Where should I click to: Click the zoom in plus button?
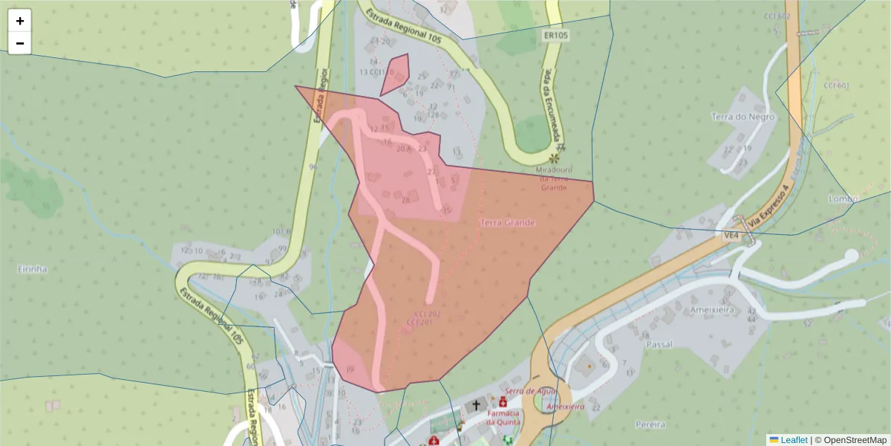pos(20,21)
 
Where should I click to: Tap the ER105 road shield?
pos(555,34)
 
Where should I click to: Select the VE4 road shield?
pos(732,236)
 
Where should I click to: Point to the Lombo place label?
pos(843,198)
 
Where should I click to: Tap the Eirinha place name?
pos(33,268)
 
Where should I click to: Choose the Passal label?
pos(659,345)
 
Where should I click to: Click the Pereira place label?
pos(650,424)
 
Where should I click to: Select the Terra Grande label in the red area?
pos(508,222)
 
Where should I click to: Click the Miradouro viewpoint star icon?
pos(553,158)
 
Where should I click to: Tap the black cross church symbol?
pos(476,406)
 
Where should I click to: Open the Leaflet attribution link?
pos(793,440)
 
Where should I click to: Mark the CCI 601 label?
pos(836,85)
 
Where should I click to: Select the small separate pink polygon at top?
pos(396,74)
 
